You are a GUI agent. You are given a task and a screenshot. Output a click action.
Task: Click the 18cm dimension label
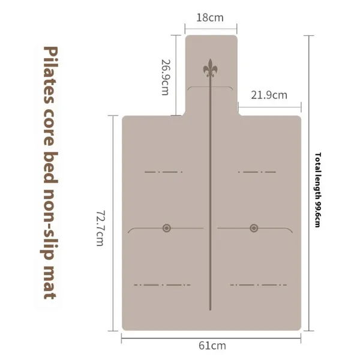[210, 17]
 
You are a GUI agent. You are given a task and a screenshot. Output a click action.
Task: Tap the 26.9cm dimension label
[166, 77]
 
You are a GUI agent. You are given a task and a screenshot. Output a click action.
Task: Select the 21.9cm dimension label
[269, 95]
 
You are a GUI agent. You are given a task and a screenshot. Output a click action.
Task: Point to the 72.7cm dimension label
[100, 228]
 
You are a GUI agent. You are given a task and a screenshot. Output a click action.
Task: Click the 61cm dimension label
[212, 346]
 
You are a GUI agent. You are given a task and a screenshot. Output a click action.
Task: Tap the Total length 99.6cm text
[317, 190]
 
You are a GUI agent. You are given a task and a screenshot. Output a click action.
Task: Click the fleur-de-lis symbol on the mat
[210, 68]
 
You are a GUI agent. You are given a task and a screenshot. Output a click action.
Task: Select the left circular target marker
[167, 228]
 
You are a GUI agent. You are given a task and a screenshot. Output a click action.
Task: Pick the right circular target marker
[254, 228]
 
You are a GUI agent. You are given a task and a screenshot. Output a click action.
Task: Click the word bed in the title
[50, 167]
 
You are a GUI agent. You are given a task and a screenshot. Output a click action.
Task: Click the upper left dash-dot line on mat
[163, 172]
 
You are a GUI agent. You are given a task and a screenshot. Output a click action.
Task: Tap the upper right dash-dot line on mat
[257, 172]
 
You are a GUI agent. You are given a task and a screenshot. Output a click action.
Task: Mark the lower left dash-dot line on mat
[162, 285]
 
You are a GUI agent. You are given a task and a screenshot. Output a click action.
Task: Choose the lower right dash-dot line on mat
[259, 285]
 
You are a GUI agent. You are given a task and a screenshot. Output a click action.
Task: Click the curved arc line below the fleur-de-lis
[210, 87]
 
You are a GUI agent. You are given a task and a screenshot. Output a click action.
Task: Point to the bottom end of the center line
[210, 310]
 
